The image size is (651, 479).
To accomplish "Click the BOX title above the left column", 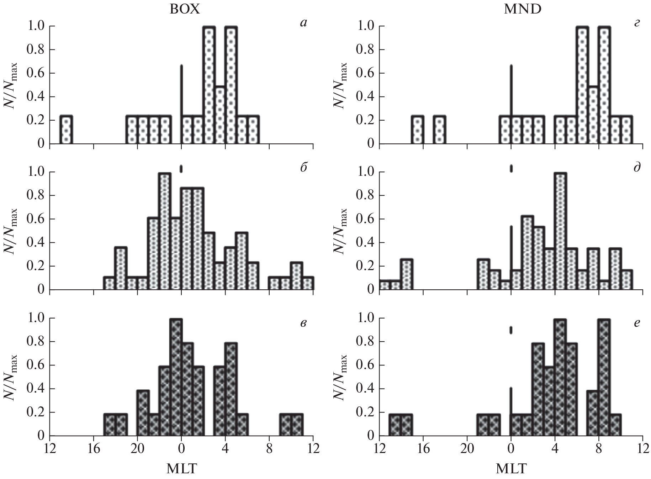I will point(185,9).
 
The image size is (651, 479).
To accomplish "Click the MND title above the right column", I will point(523,9).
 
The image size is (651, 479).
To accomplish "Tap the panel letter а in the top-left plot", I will point(303,23).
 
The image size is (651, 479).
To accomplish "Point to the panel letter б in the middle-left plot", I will point(303,168).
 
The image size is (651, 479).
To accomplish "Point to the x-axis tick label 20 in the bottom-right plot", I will point(467,447).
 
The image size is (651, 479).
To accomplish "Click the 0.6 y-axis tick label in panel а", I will point(36,74).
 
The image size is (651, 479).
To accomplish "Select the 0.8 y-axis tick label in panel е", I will point(366,342).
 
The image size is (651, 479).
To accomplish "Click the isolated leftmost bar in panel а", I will point(66,130).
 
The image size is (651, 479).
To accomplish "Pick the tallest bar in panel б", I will point(165,231).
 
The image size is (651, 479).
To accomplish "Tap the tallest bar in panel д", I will point(560,231).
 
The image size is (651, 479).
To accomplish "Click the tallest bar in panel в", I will point(176,377).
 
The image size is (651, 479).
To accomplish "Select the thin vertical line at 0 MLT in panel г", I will point(511,93).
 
